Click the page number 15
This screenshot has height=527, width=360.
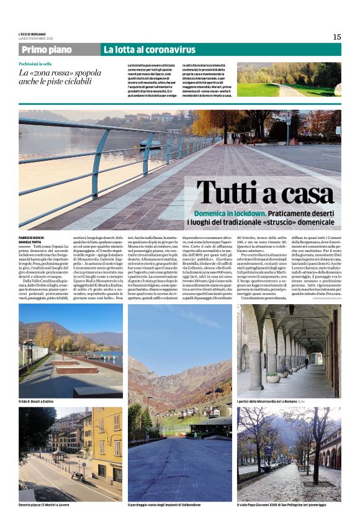[336, 37]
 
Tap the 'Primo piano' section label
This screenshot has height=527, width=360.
[46, 50]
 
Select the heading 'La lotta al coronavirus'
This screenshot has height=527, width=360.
[149, 50]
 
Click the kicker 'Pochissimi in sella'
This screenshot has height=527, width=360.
[35, 64]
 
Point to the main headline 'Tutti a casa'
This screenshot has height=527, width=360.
[265, 193]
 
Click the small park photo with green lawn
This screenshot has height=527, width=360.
[289, 79]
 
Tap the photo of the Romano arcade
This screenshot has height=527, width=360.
[289, 351]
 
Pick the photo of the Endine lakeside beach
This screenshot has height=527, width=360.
[70, 351]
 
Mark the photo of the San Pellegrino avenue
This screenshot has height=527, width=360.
[289, 454]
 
